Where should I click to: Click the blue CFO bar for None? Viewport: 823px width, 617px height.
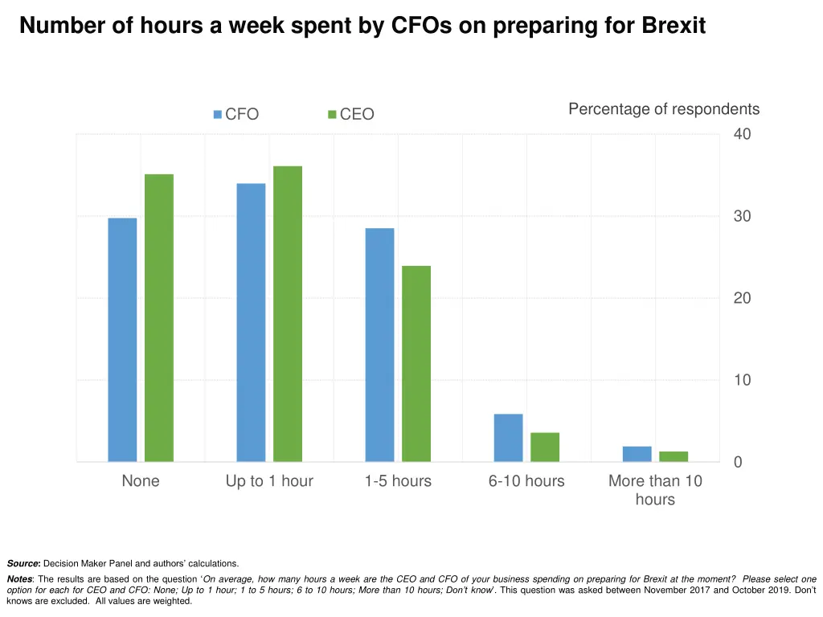point(122,340)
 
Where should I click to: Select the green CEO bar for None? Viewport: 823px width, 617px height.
point(159,318)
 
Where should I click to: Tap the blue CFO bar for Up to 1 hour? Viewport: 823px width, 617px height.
point(251,323)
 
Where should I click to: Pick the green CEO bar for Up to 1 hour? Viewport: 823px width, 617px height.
point(288,314)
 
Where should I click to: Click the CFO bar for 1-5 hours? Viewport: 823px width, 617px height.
point(379,345)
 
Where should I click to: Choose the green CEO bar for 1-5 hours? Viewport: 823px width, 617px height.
point(416,363)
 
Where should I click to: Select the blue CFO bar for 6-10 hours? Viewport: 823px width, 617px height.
point(508,438)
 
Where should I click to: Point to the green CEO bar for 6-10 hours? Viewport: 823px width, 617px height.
point(545,447)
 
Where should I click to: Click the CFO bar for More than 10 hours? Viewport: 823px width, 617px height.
point(637,454)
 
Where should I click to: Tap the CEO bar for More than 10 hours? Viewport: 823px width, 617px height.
point(674,456)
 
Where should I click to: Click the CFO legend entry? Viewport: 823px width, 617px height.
point(235,114)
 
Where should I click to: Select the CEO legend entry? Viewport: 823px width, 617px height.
point(351,114)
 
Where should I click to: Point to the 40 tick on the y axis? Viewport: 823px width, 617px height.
point(742,134)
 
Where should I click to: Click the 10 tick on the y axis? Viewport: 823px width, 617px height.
point(742,380)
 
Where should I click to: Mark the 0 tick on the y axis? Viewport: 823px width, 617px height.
point(738,462)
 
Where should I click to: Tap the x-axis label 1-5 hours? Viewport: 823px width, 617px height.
point(398,481)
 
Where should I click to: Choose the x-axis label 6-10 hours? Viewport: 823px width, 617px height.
point(526,481)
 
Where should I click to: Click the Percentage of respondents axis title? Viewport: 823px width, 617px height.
point(664,109)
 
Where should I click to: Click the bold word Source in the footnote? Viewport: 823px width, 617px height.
point(23,564)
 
